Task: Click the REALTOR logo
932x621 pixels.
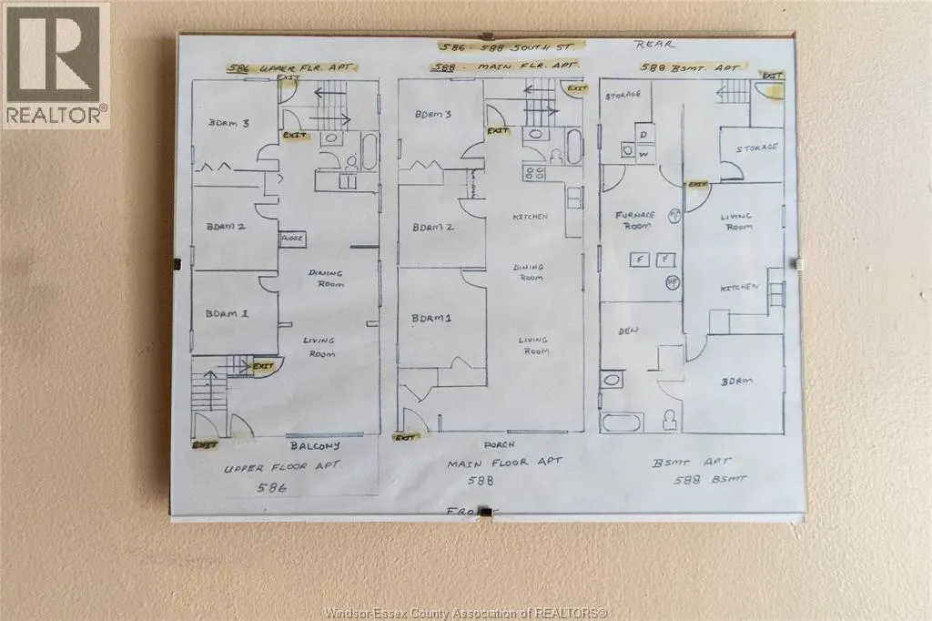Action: [56, 64]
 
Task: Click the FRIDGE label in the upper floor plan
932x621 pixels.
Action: [291, 238]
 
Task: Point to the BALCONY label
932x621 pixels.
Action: [315, 446]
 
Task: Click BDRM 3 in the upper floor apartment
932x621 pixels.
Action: [228, 124]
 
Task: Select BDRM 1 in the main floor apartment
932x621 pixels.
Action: [431, 317]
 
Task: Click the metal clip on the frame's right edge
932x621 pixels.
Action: [800, 263]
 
